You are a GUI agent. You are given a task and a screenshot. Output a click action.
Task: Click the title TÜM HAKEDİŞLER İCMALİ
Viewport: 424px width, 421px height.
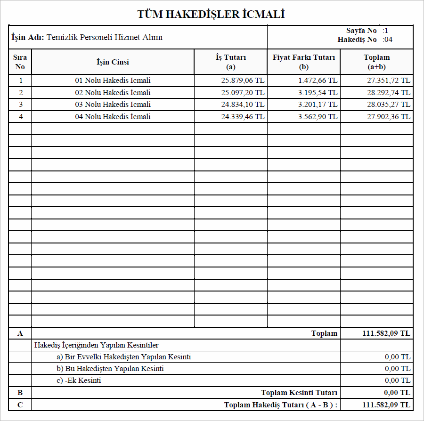click(x=211, y=14)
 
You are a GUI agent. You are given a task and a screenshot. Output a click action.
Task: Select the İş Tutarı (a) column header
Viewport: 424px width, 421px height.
click(x=231, y=62)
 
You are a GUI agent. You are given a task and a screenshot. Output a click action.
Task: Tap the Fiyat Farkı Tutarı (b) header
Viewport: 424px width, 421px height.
click(x=304, y=62)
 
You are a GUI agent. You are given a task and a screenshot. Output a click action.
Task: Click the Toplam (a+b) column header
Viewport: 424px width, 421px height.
click(x=376, y=62)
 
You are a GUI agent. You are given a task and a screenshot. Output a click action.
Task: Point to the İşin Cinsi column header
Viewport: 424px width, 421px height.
click(x=113, y=62)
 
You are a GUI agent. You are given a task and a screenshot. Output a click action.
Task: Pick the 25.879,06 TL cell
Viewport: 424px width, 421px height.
click(x=243, y=81)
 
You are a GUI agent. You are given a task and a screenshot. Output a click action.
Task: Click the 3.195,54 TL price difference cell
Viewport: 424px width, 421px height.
click(x=318, y=92)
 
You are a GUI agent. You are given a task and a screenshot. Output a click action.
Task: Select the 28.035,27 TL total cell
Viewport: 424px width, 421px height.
click(x=389, y=105)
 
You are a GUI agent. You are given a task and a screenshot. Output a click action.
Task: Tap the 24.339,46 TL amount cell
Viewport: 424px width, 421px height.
click(x=243, y=116)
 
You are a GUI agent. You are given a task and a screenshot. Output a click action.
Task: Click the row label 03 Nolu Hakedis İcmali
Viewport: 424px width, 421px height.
click(x=113, y=105)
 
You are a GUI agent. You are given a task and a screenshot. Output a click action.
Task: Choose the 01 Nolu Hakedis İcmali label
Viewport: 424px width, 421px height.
click(x=113, y=81)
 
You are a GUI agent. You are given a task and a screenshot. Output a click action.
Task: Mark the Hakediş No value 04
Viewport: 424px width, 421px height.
click(x=388, y=40)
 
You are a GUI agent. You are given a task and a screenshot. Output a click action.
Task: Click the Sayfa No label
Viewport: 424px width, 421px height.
click(x=361, y=31)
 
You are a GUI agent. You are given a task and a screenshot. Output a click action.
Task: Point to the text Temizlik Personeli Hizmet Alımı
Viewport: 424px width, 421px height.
click(x=105, y=37)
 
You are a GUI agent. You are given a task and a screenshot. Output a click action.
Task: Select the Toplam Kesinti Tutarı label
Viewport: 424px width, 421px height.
click(x=299, y=393)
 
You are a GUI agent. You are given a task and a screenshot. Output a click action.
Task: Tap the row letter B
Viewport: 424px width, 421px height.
click(x=20, y=393)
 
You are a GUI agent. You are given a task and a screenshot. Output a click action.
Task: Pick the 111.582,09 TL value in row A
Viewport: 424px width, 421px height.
click(x=386, y=333)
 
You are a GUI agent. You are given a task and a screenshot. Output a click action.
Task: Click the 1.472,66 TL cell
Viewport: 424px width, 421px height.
click(x=318, y=81)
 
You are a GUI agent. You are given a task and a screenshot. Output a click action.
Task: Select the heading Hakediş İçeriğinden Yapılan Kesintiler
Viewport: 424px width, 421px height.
click(x=97, y=345)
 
